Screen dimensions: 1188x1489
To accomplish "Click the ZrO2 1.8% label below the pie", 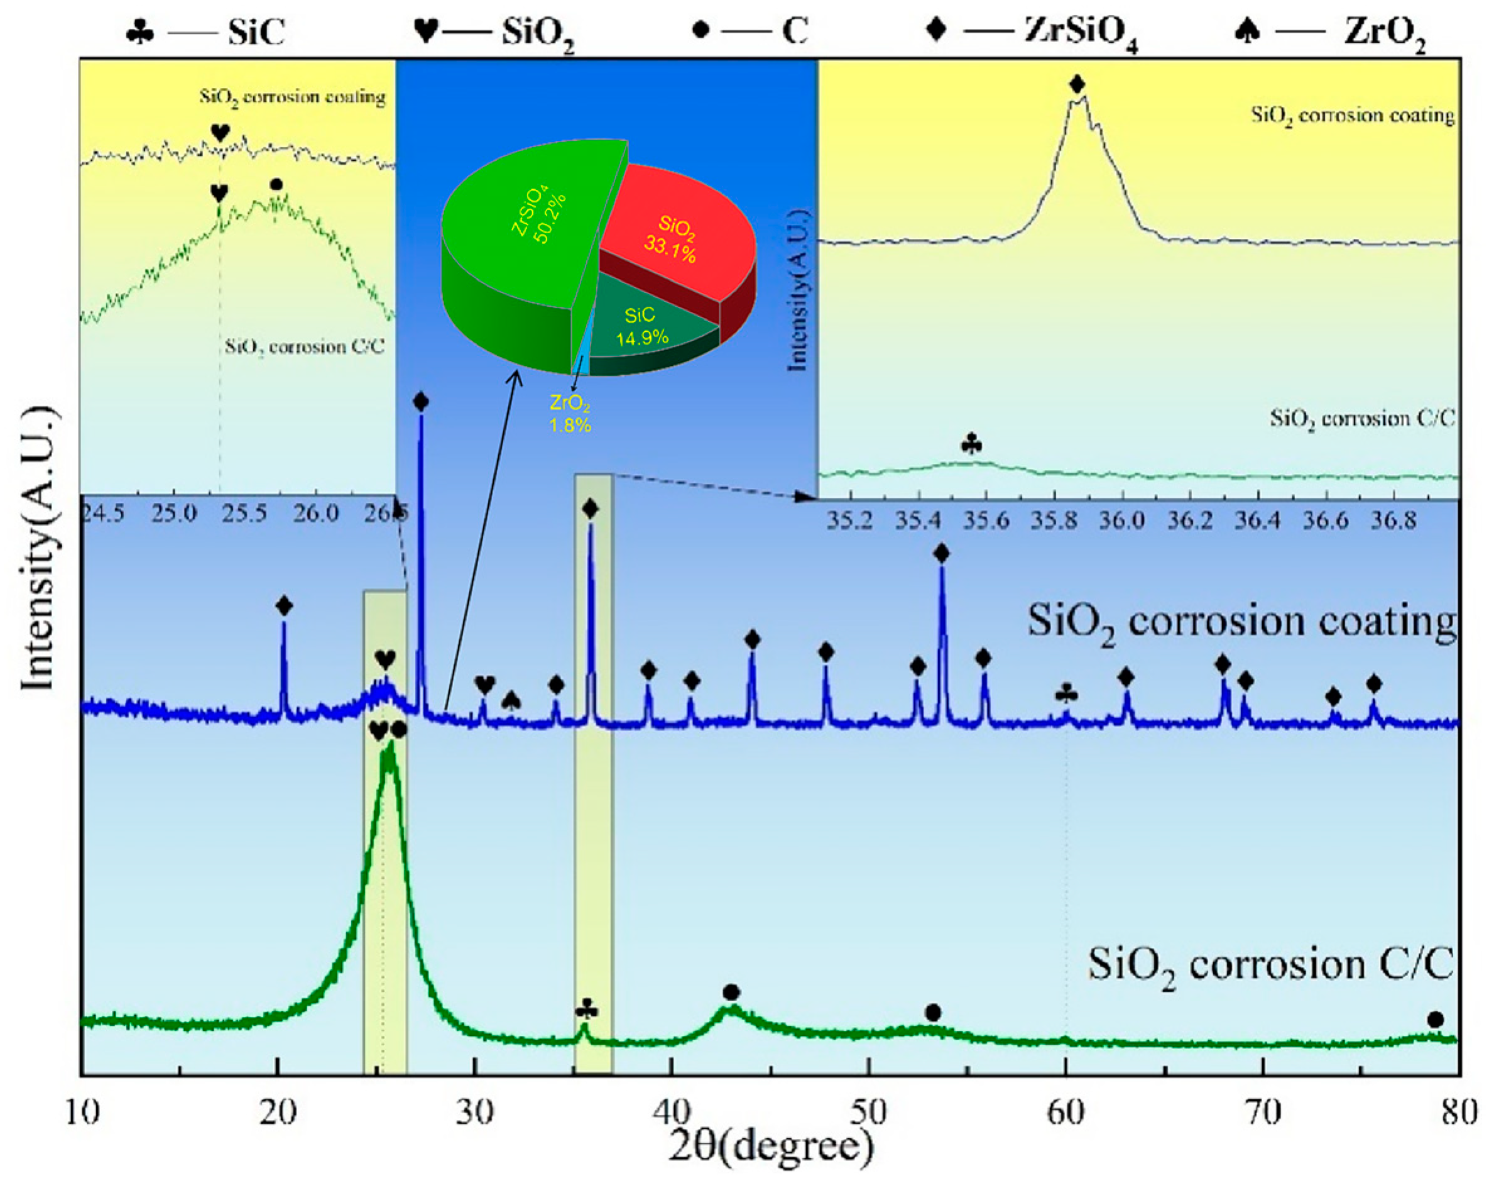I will [570, 413].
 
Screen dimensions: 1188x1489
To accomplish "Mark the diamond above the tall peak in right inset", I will [1077, 84].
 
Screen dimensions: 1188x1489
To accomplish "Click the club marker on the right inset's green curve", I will [971, 444].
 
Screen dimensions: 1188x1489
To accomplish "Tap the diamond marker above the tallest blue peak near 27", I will [420, 402].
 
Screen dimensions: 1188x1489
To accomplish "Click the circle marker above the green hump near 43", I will [731, 993].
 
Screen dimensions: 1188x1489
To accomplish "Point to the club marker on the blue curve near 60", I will [1066, 695].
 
